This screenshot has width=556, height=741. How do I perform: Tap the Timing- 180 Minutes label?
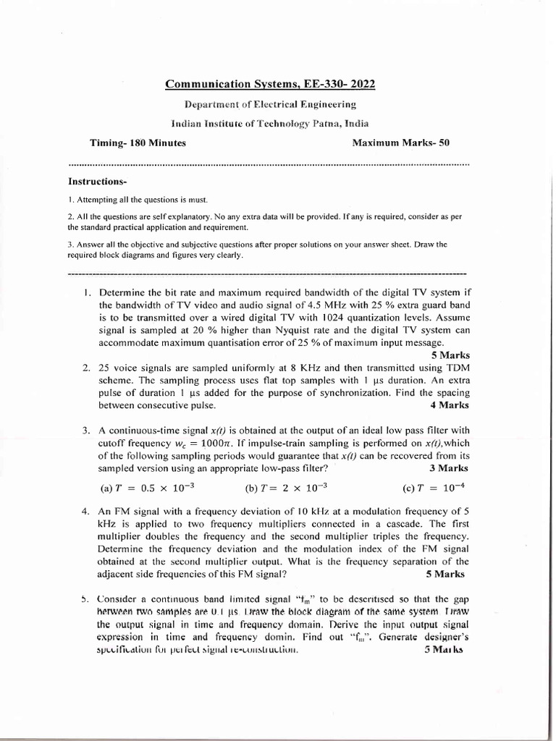[x=138, y=143]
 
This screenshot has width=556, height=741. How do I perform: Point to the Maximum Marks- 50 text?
[x=401, y=143]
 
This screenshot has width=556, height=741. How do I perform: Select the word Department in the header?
[x=212, y=106]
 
